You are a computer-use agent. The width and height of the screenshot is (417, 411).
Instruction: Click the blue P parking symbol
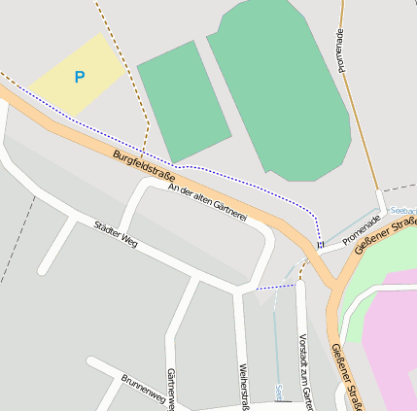click(x=80, y=77)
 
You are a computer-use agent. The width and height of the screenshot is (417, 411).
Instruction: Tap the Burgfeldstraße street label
click(x=143, y=166)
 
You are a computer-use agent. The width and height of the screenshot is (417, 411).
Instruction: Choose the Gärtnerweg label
click(x=171, y=390)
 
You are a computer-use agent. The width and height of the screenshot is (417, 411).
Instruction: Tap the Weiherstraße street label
click(x=244, y=386)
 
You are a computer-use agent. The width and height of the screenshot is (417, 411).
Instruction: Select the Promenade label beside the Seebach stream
click(x=363, y=230)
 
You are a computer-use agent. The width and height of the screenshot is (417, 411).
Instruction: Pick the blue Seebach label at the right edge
click(x=403, y=210)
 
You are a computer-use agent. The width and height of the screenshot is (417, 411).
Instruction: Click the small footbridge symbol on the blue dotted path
click(x=319, y=245)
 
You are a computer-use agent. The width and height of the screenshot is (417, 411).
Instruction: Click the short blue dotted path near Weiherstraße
click(x=275, y=287)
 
